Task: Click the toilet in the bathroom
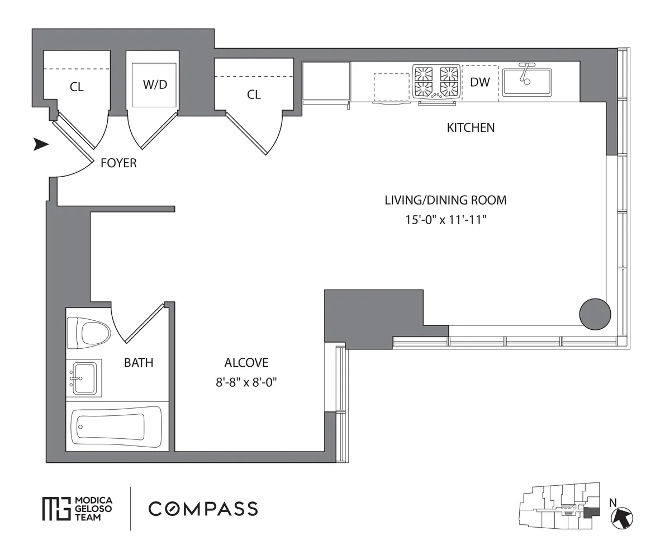(89, 333)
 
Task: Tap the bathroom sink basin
(85, 378)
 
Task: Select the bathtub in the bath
(116, 427)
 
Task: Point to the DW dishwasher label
(480, 82)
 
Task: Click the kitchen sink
(527, 82)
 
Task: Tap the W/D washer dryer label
(155, 84)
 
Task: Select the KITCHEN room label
(471, 127)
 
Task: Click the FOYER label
(118, 163)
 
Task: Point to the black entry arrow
(41, 145)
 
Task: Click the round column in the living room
(595, 314)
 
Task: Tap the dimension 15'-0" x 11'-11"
(446, 220)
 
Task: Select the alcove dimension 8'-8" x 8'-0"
(246, 382)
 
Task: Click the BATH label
(139, 363)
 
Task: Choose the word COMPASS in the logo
(203, 509)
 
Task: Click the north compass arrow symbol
(622, 518)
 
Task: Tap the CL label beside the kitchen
(254, 94)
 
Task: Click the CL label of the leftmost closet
(77, 87)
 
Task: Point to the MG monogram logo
(56, 509)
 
